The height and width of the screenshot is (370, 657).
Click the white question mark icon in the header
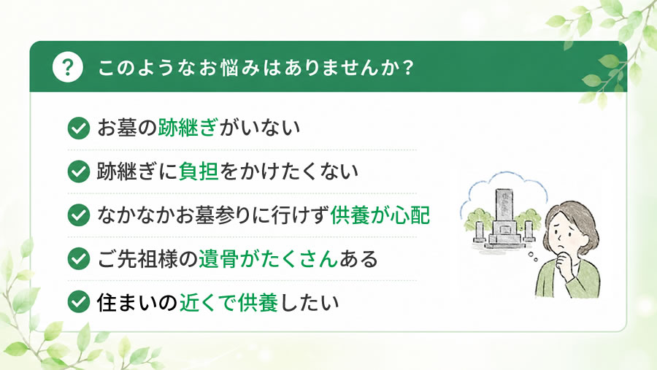(67, 67)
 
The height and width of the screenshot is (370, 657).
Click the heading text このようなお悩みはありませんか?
(256, 67)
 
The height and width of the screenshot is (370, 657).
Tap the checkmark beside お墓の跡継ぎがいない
(79, 128)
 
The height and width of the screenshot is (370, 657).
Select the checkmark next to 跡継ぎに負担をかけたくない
(79, 171)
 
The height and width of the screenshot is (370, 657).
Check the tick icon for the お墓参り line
(79, 215)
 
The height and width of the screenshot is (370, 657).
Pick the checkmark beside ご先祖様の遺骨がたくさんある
(79, 258)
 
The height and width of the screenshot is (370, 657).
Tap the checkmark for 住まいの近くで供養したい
(79, 301)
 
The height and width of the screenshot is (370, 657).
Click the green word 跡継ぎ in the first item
(188, 128)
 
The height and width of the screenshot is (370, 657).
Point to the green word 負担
(199, 171)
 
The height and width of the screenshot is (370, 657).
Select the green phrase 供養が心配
(380, 215)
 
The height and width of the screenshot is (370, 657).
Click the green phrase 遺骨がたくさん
(268, 258)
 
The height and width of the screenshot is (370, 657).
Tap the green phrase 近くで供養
(228, 302)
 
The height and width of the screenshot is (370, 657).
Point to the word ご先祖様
(137, 258)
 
